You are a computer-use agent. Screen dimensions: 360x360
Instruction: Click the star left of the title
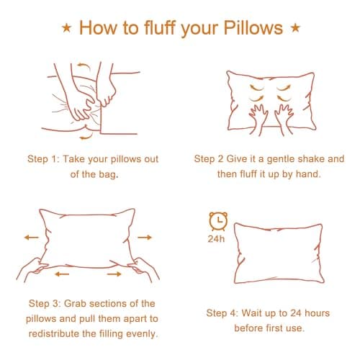pos(66,28)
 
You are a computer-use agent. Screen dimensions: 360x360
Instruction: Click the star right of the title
pos(295,27)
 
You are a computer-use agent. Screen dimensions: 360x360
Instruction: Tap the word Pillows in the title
pos(253,28)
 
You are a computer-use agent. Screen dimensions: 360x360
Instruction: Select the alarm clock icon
pos(218,221)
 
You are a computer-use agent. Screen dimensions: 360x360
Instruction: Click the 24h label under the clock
pos(216,239)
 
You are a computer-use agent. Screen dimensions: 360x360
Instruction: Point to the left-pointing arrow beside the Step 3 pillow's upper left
pos(32,238)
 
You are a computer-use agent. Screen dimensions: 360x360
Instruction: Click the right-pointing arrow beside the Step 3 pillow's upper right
pos(145,238)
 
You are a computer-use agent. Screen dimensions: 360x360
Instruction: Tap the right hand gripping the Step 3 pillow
pos(143,269)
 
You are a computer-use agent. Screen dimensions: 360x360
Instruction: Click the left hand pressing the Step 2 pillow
pos(258,119)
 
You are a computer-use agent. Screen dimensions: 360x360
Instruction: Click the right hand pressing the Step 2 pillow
pos(284,119)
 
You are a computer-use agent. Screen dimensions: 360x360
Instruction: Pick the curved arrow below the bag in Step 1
pos(86,137)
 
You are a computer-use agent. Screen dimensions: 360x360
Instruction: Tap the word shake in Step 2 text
pos(310,159)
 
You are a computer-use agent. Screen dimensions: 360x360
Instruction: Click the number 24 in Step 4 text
pos(296,313)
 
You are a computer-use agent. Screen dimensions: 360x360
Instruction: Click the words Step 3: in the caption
pos(45,304)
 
